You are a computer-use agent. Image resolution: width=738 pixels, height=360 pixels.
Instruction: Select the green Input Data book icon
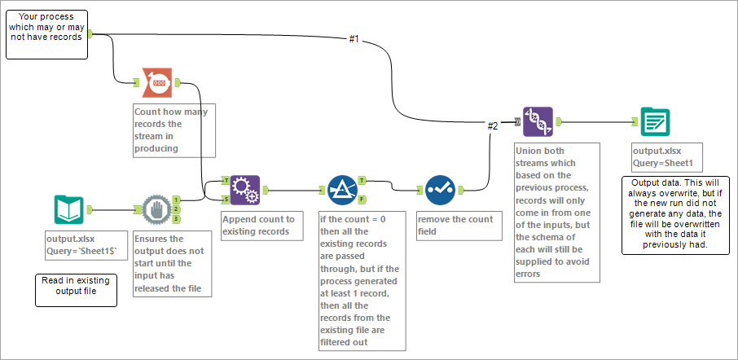pyautogui.click(x=68, y=209)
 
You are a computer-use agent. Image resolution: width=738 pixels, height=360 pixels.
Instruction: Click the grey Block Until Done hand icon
pyautogui.click(x=156, y=209)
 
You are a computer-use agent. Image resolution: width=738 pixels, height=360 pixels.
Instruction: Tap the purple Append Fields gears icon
pyautogui.click(x=244, y=190)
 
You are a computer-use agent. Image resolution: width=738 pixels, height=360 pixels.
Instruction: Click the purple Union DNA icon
pyautogui.click(x=538, y=122)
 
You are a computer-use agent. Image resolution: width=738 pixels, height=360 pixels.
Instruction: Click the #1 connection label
pyautogui.click(x=354, y=38)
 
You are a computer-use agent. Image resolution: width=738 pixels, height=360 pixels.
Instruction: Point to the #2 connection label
pyautogui.click(x=492, y=125)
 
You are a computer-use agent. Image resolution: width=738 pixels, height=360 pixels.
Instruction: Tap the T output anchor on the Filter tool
pyautogui.click(x=361, y=181)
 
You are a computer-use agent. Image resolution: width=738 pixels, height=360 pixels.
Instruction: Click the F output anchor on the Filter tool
pyautogui.click(x=361, y=200)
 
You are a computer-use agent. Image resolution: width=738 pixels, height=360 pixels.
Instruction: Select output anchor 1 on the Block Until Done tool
pyautogui.click(x=176, y=200)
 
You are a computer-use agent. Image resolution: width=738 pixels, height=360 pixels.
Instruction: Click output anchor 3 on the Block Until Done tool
pyautogui.click(x=176, y=218)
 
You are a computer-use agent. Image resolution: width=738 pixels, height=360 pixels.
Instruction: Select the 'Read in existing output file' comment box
pyautogui.click(x=75, y=289)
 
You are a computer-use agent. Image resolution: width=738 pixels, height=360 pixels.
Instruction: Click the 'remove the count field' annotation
pyautogui.click(x=457, y=225)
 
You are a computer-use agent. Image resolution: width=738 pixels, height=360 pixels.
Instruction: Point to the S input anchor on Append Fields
pyautogui.click(x=226, y=198)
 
